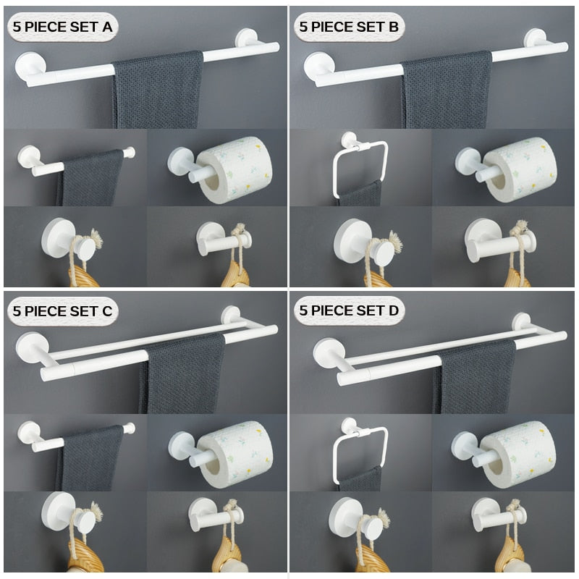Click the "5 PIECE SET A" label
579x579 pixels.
62,27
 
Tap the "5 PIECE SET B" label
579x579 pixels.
349,27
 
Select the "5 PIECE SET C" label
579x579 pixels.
62,311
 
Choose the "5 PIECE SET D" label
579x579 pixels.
349,310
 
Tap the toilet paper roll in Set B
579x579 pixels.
520,170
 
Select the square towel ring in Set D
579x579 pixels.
334,458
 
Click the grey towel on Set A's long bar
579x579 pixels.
158,90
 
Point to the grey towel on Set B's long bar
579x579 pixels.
447,90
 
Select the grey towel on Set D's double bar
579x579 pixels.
475,376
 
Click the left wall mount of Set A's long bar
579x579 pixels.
30,67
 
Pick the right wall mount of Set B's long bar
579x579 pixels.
536,39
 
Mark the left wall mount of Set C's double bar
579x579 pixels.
32,348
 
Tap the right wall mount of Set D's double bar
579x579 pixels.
521,322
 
